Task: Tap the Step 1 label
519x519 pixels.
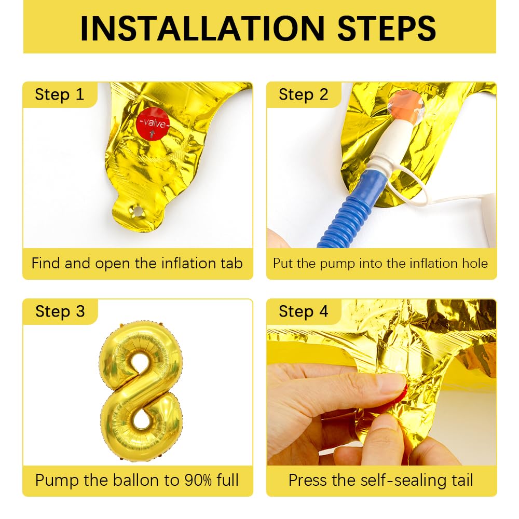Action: coord(59,94)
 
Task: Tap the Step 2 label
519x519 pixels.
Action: coord(303,94)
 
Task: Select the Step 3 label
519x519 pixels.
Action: coord(59,311)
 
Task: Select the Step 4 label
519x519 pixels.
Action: coord(303,311)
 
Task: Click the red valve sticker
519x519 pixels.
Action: coord(153,124)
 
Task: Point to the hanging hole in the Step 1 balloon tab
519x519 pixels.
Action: coord(138,211)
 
